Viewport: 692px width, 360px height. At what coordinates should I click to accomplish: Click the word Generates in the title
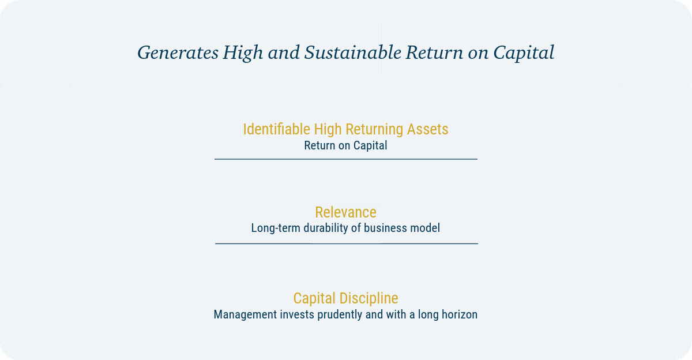coord(178,52)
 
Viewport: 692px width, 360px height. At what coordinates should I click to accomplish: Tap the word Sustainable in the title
coord(352,52)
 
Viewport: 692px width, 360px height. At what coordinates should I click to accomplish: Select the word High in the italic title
coord(243,53)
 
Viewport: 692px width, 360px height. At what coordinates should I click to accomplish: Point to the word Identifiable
coord(276,129)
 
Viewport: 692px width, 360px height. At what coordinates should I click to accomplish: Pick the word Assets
coord(427,129)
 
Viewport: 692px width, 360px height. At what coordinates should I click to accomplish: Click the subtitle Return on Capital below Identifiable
coord(345,145)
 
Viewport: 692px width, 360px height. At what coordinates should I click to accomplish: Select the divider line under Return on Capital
coord(346,159)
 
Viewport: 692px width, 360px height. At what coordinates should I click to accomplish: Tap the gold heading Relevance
coord(345,212)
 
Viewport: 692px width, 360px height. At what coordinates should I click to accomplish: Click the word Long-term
coord(276,228)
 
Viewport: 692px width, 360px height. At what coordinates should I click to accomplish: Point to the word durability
coord(326,228)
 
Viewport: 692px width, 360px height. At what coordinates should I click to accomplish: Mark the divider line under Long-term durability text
coord(347,243)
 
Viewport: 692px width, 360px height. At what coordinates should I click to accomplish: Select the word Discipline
coord(369,298)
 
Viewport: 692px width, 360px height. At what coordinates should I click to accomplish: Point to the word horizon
coord(460,314)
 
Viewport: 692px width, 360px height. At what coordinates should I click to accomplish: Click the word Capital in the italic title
coord(524,53)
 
